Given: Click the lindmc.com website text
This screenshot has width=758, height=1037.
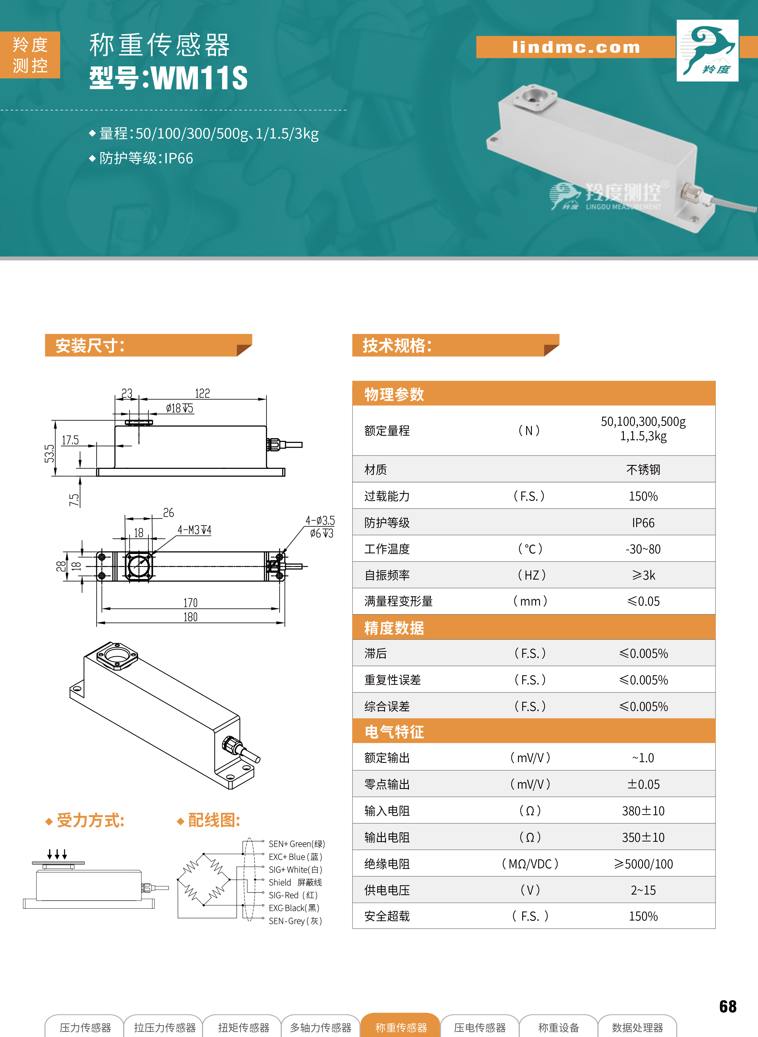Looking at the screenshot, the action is [576, 47].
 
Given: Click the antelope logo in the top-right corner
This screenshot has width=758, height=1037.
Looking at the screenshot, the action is [707, 50].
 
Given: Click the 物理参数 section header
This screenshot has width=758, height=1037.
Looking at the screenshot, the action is [394, 394].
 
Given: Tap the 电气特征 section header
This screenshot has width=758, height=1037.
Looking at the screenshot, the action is [394, 731].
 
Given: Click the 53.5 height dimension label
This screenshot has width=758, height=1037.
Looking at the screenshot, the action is [49, 453].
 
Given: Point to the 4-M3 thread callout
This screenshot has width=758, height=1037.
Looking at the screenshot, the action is [194, 530].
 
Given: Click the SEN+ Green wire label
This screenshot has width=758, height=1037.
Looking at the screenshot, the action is [296, 844].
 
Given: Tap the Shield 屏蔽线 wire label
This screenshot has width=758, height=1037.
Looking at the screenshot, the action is [295, 882].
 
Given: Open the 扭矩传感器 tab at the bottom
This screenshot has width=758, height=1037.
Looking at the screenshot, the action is [244, 1027].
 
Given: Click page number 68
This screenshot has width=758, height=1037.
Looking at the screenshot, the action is [728, 1006].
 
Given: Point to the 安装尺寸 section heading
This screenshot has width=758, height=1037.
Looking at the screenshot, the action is [90, 345].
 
